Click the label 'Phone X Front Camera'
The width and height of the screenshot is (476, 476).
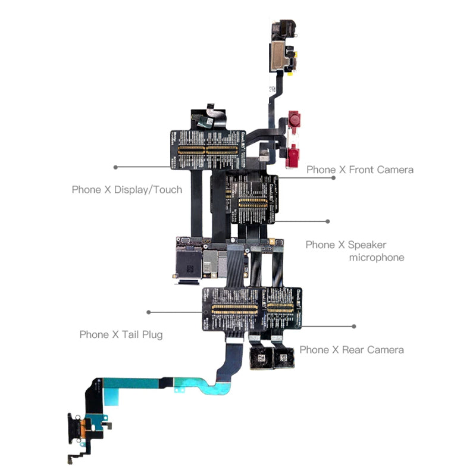[359, 170]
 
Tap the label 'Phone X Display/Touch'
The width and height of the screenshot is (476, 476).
[127, 190]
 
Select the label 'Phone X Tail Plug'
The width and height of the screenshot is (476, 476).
[121, 334]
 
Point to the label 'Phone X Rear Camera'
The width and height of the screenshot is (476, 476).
[351, 349]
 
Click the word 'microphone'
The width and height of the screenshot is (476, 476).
[376, 258]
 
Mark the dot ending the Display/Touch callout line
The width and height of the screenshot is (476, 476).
[115, 167]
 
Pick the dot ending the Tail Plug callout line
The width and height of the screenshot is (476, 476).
[149, 312]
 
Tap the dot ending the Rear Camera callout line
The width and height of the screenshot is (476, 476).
[354, 326]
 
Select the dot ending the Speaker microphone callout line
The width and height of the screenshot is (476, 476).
[328, 221]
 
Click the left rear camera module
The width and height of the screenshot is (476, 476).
[259, 359]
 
